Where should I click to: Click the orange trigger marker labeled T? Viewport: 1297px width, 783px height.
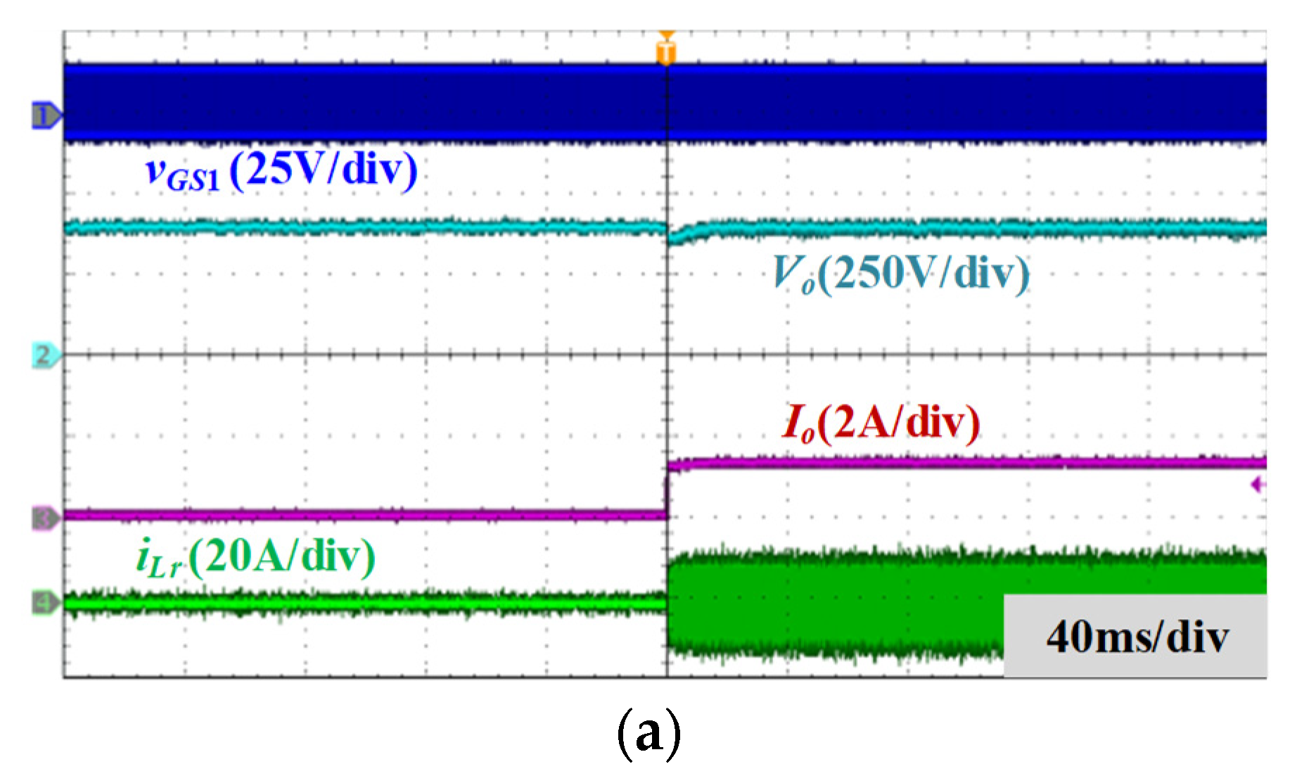tap(666, 50)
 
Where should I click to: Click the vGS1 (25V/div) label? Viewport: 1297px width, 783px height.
tap(281, 171)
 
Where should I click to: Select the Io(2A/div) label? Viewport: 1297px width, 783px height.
tap(881, 424)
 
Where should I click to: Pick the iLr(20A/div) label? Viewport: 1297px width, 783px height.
tap(256, 558)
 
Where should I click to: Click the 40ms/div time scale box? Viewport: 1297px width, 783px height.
tap(1135, 636)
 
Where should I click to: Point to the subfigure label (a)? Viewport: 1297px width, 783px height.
tap(648, 734)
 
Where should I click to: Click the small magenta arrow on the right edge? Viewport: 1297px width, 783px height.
tap(1259, 485)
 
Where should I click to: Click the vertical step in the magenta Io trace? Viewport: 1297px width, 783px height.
tap(667, 490)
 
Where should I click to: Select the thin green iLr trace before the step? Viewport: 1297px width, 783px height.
tap(365, 603)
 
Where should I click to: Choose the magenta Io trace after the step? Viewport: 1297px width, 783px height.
tap(967, 463)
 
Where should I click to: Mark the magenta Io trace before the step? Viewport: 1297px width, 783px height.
tap(365, 515)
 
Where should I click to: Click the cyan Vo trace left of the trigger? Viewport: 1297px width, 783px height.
tap(365, 227)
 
